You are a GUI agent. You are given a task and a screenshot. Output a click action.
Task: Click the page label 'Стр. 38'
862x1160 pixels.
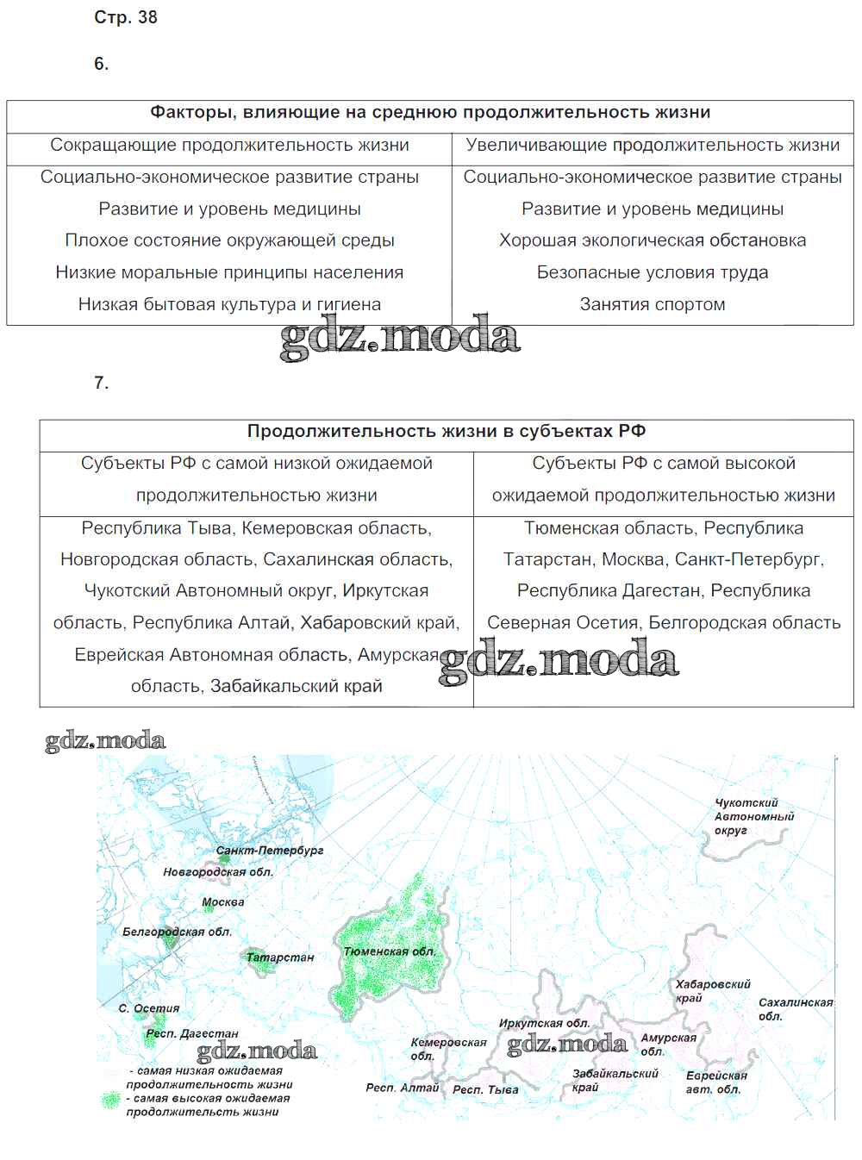pyautogui.click(x=126, y=17)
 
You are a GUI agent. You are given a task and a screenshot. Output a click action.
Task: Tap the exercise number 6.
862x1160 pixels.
pyautogui.click(x=102, y=64)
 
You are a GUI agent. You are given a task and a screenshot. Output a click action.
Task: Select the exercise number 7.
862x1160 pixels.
pyautogui.click(x=102, y=384)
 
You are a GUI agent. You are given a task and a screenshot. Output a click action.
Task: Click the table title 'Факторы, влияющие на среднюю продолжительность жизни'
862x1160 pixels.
pyautogui.click(x=430, y=113)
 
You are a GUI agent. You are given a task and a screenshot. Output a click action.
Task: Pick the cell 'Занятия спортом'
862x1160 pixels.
pyautogui.click(x=653, y=304)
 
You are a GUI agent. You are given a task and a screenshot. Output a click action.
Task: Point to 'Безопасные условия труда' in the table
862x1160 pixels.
pyautogui.click(x=653, y=272)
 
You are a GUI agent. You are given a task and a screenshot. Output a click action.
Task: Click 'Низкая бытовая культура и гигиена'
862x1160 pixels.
pyautogui.click(x=229, y=304)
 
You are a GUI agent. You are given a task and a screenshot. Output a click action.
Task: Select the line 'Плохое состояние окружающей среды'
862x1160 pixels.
pyautogui.click(x=229, y=240)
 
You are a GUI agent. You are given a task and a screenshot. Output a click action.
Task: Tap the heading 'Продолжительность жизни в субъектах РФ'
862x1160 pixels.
pyautogui.click(x=447, y=432)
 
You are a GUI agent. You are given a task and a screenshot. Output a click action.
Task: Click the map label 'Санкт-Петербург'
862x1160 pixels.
pyautogui.click(x=270, y=851)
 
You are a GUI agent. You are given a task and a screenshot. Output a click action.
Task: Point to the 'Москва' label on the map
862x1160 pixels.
pyautogui.click(x=223, y=902)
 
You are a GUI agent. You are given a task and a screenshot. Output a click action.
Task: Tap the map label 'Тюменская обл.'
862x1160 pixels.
pyautogui.click(x=389, y=951)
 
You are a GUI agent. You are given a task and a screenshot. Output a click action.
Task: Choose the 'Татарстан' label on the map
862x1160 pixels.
pyautogui.click(x=280, y=957)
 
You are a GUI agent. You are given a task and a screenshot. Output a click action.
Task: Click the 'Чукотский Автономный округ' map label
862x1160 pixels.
pyautogui.click(x=754, y=817)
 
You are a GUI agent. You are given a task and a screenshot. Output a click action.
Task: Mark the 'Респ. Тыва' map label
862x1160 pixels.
pyautogui.click(x=485, y=1089)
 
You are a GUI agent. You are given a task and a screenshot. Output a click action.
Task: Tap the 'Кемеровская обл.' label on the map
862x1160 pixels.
pyautogui.click(x=448, y=1049)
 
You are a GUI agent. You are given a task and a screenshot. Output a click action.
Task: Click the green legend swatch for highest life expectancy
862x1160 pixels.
pyautogui.click(x=110, y=1101)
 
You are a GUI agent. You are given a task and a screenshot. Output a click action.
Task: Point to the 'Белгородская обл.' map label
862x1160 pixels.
pyautogui.click(x=177, y=932)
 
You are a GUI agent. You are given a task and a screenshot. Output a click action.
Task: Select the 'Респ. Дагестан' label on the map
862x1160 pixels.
pyautogui.click(x=192, y=1033)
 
